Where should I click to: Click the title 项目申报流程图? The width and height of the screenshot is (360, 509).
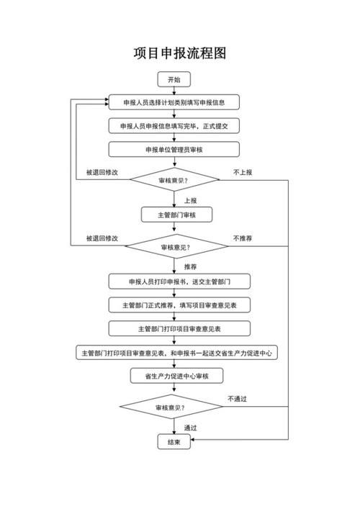[x=180, y=53]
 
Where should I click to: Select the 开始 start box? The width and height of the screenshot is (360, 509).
[x=174, y=79]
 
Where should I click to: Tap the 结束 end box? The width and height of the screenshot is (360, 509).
[x=174, y=442]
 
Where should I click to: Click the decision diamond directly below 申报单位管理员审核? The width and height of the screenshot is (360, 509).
[x=174, y=180]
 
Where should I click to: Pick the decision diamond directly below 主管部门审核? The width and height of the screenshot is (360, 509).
[x=174, y=247]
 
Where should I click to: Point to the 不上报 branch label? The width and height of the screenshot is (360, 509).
[x=242, y=172]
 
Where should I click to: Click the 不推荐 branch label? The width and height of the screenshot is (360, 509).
[x=242, y=238]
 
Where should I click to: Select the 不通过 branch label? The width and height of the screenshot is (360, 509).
[x=237, y=399]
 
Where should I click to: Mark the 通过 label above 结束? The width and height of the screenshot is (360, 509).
[x=190, y=427]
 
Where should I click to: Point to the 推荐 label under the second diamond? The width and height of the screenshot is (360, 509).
[x=190, y=266]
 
